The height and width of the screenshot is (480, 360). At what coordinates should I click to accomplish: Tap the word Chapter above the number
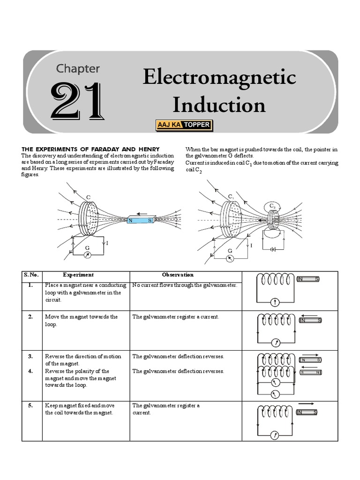click(x=78, y=68)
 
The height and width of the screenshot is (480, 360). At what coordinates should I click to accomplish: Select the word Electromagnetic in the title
click(x=219, y=77)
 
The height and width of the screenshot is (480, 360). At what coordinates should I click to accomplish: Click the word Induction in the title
click(x=219, y=105)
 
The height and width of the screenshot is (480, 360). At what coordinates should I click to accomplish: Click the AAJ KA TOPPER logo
click(x=184, y=125)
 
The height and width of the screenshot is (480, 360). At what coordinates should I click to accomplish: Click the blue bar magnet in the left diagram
click(x=140, y=220)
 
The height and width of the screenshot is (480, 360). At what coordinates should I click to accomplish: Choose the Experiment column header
click(x=78, y=275)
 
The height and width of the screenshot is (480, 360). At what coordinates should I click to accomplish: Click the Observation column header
click(x=178, y=275)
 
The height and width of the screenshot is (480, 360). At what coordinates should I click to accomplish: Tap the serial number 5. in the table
click(x=30, y=405)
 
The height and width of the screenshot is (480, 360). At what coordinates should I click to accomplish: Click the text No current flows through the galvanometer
click(x=185, y=285)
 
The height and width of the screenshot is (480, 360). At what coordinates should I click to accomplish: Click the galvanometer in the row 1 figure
click(x=276, y=301)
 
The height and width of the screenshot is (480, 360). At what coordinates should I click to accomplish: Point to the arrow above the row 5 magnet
click(x=306, y=403)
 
